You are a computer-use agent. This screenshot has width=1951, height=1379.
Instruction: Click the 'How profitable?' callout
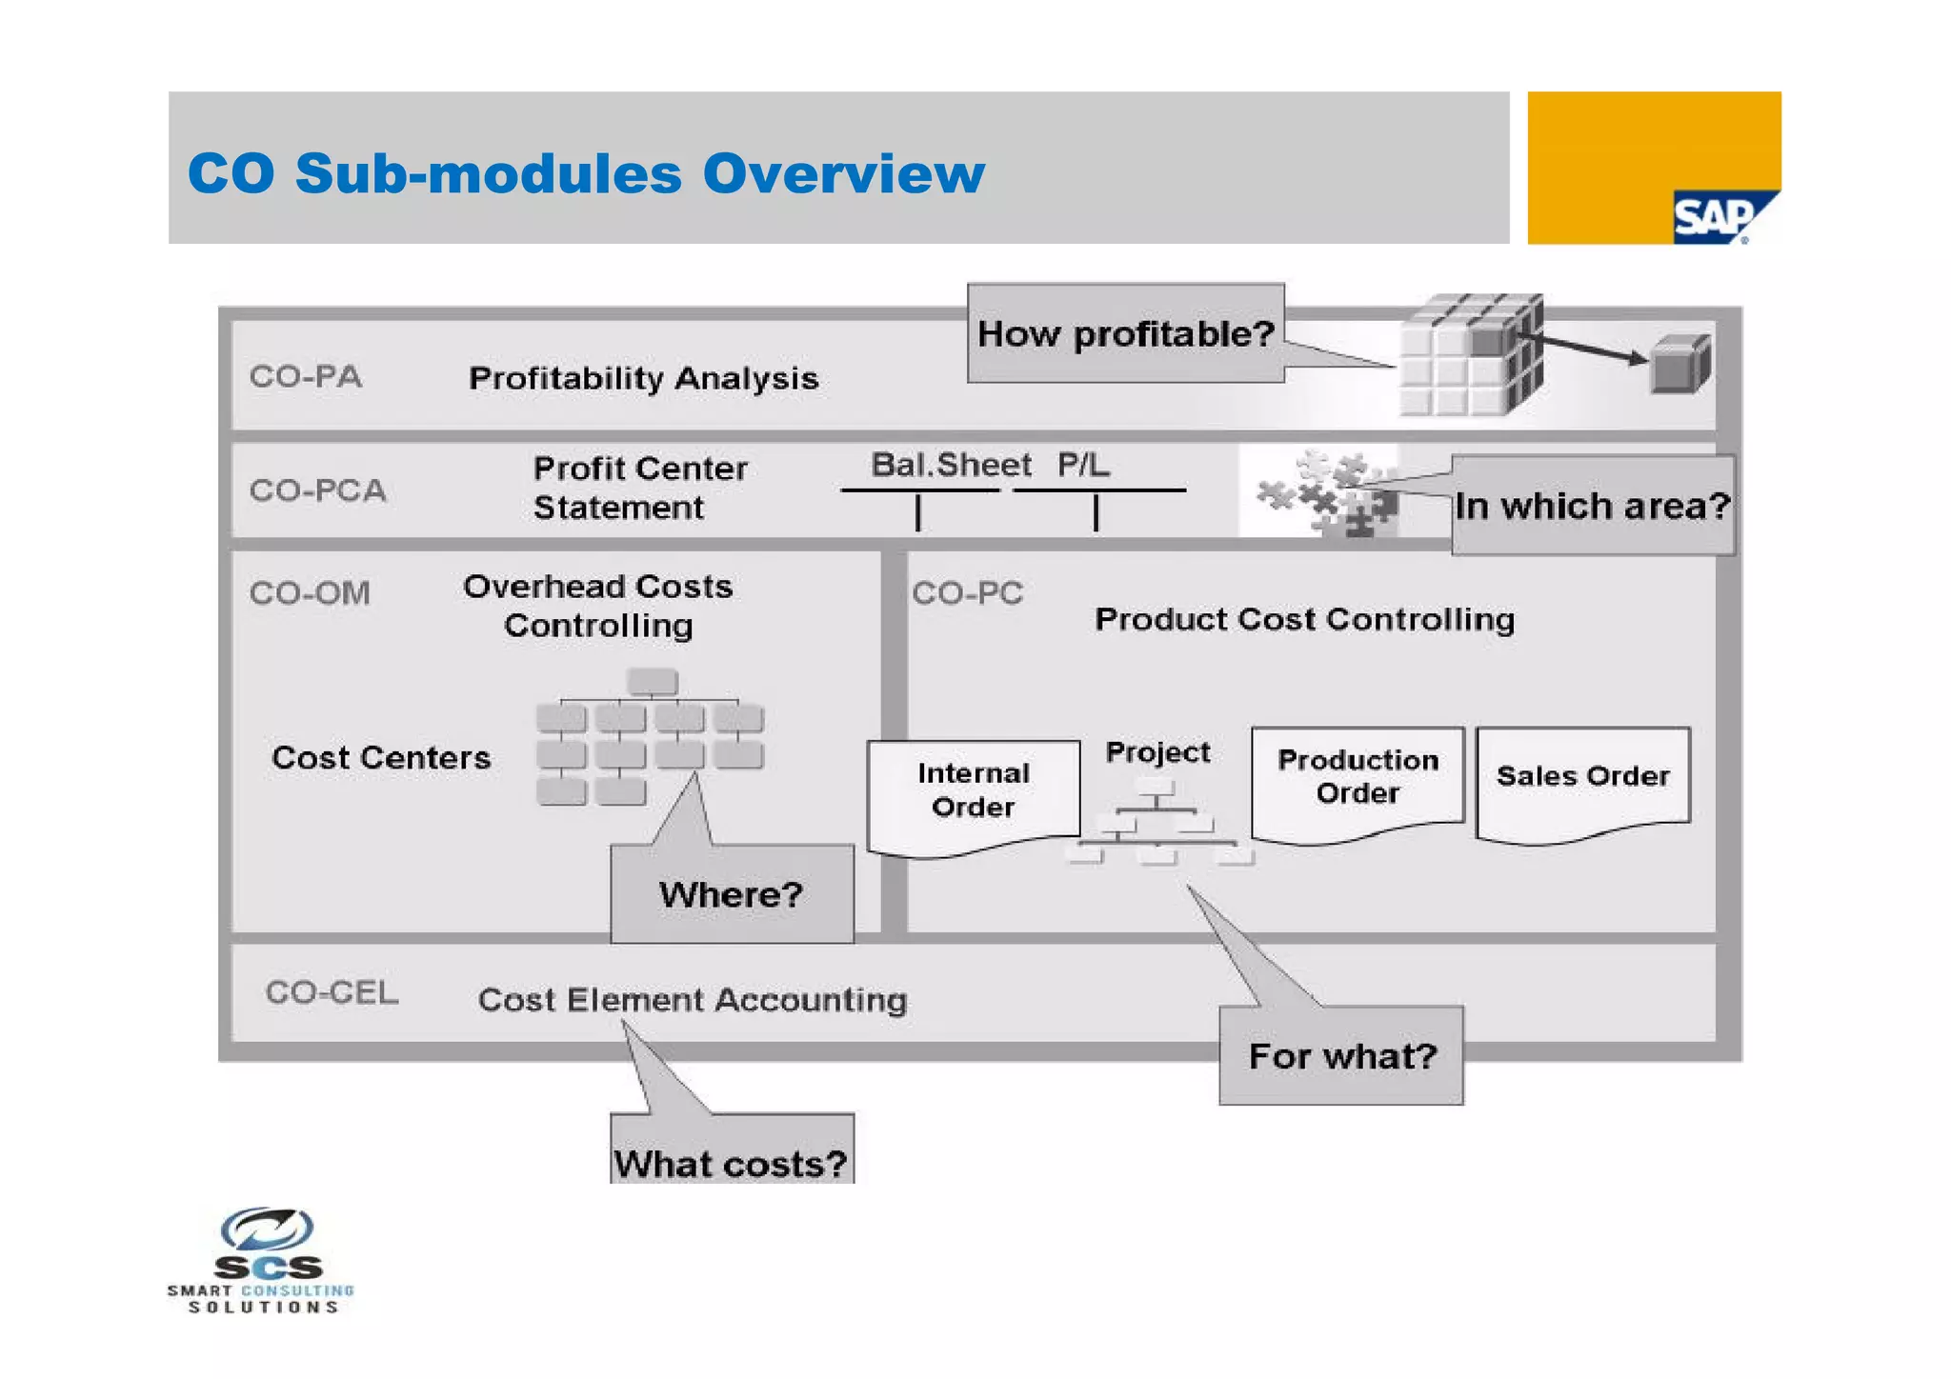click(x=1125, y=333)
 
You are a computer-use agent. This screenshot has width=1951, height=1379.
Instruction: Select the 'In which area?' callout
click(x=1592, y=506)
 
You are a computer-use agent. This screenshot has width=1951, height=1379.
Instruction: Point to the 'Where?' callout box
click(x=732, y=893)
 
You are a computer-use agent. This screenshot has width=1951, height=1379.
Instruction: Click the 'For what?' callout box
click(x=1341, y=1055)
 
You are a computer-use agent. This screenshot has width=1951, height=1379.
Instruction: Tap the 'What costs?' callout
click(x=731, y=1161)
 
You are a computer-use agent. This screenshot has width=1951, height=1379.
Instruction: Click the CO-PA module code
click(x=306, y=376)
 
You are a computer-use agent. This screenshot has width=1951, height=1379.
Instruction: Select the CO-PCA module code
click(x=318, y=490)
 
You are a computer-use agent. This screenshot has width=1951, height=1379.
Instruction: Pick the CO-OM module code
click(x=310, y=593)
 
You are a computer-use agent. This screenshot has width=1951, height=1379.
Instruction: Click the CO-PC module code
click(x=967, y=593)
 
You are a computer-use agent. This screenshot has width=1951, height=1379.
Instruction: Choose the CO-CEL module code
click(x=332, y=992)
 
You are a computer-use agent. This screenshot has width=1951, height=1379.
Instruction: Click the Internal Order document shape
click(x=973, y=790)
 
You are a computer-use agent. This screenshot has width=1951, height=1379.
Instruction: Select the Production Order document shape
click(x=1358, y=777)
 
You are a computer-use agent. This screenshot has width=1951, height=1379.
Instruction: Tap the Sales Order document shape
click(x=1582, y=777)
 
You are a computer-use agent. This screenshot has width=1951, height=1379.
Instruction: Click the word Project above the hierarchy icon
click(x=1157, y=752)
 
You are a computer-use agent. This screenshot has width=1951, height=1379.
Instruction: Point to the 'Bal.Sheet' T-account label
click(x=951, y=465)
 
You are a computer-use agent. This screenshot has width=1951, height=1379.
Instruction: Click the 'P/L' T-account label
click(x=1083, y=465)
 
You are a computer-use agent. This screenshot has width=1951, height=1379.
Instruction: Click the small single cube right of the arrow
click(x=1679, y=364)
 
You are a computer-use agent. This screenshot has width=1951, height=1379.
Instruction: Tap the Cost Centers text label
click(x=381, y=758)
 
